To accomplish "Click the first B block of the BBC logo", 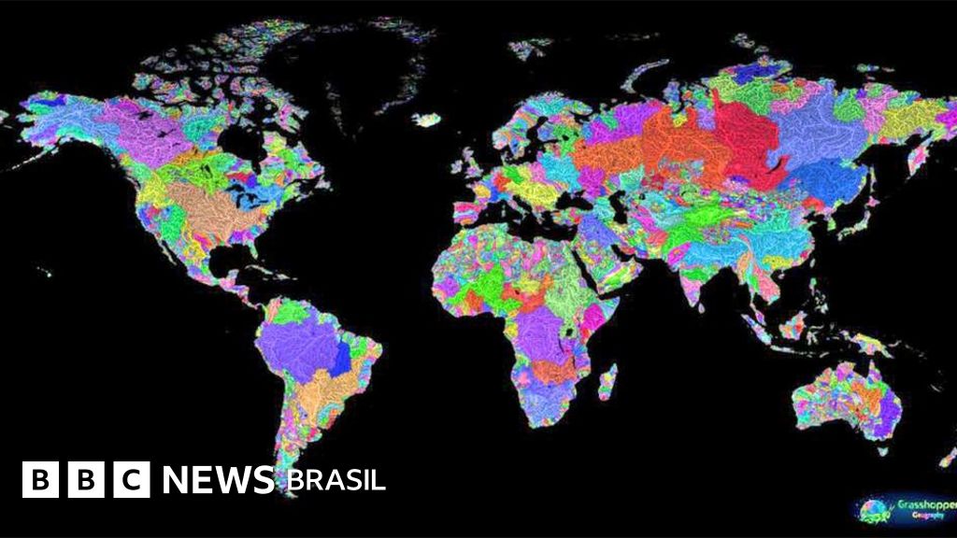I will (x=38, y=480).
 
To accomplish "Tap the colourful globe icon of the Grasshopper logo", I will (x=873, y=508).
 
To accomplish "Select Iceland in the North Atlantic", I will (x=427, y=120).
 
